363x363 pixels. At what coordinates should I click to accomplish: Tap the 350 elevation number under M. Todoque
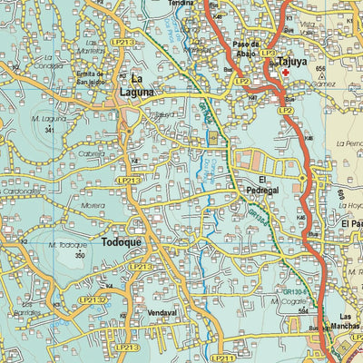click(x=80, y=256)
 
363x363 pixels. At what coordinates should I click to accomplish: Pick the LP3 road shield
click(x=269, y=54)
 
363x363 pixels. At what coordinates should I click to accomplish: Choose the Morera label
click(x=93, y=206)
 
